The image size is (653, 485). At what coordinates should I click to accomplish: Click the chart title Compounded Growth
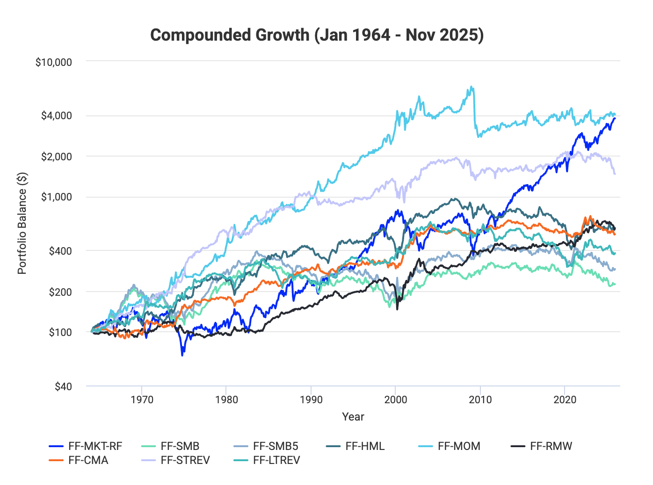(317, 35)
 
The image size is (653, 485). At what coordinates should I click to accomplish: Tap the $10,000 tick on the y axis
(54, 62)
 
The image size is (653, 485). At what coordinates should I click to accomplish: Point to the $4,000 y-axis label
(57, 116)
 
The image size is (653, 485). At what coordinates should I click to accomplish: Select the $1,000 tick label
(57, 197)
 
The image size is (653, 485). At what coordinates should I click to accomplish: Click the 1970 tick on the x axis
(142, 400)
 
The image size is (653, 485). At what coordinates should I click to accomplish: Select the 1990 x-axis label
(311, 400)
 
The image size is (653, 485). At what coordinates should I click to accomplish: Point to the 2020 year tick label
(565, 400)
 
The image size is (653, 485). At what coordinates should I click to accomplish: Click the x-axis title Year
(353, 417)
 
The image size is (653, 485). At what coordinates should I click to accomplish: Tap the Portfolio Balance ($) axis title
(22, 223)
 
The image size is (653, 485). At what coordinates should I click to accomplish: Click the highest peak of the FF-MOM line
(472, 86)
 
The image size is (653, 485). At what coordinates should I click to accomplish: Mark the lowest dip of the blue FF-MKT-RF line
(182, 355)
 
